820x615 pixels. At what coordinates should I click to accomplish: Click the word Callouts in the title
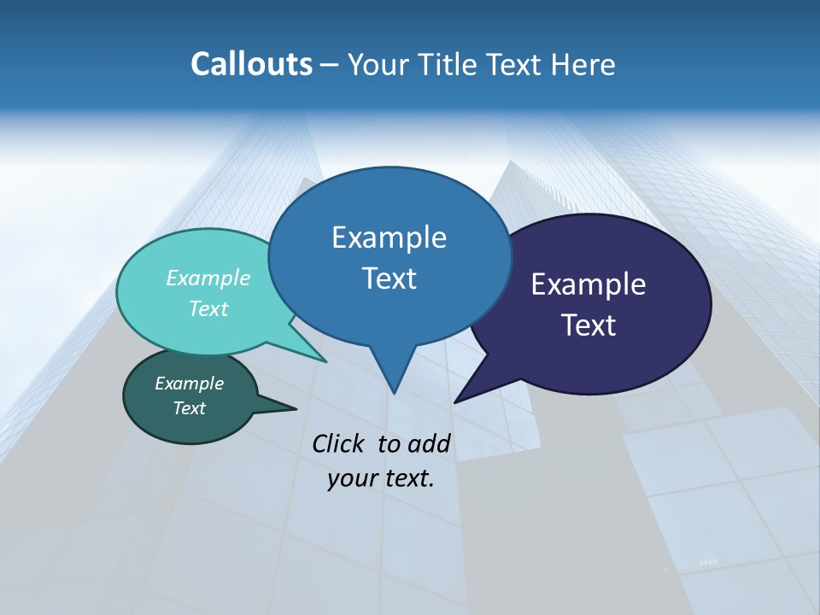251,64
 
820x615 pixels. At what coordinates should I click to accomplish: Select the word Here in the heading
583,64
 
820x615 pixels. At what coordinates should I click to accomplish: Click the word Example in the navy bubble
589,284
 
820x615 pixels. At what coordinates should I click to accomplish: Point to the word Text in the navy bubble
589,325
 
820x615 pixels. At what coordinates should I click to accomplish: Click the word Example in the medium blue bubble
389,237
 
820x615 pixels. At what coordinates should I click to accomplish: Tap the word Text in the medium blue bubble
389,278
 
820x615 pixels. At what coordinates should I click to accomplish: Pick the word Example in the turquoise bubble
208,278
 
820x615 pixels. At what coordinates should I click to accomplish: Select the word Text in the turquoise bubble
208,308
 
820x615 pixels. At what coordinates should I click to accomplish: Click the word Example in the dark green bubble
190,384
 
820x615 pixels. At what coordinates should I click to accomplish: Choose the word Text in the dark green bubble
190,408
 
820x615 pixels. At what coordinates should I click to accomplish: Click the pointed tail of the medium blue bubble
394,390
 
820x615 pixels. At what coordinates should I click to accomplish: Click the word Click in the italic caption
339,443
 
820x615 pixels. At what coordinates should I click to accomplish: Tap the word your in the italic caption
348,478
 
